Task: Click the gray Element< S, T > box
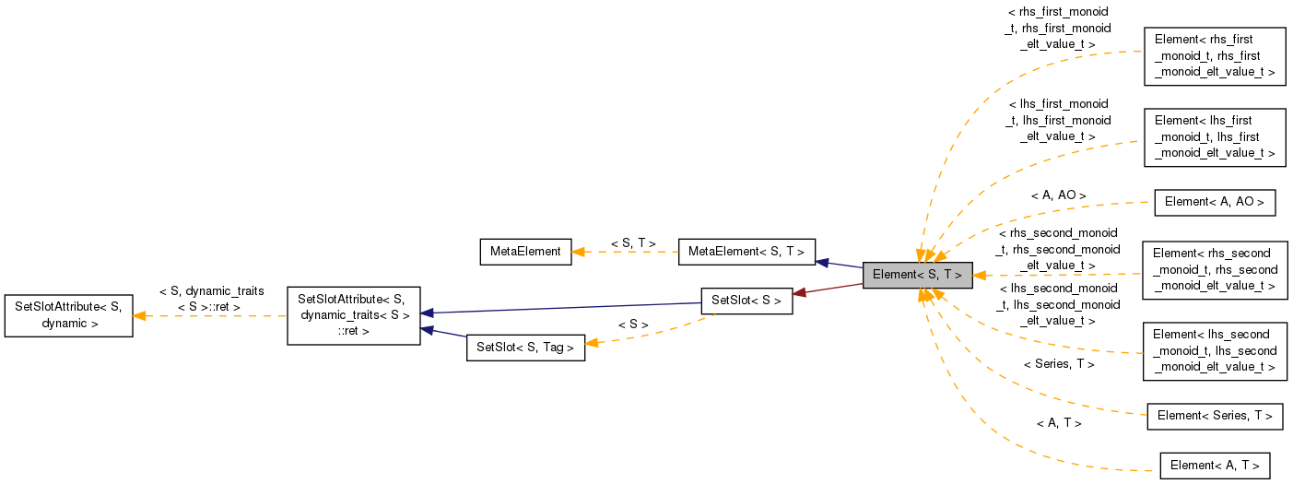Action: (917, 275)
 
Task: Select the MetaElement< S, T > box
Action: (746, 251)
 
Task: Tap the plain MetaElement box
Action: (525, 251)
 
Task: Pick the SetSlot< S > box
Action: (746, 301)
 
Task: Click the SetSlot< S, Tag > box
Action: (525, 348)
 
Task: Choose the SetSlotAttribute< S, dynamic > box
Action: (68, 315)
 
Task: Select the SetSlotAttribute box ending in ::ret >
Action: (354, 315)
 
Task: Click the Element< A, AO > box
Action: (1214, 202)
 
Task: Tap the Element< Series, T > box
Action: (1214, 416)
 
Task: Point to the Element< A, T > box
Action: (1214, 465)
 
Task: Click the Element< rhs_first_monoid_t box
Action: (1214, 55)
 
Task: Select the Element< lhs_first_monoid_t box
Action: (1214, 136)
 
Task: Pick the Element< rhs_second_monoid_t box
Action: (1214, 269)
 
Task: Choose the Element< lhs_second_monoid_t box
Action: (1214, 350)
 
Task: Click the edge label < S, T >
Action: (633, 243)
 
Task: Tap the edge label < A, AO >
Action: (1058, 195)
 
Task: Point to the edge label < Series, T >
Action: (1058, 364)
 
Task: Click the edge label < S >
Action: (633, 325)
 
